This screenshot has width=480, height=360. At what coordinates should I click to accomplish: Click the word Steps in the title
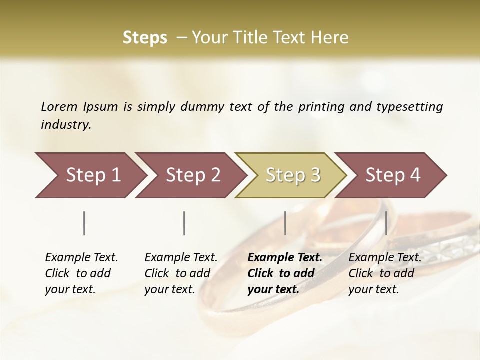click(x=145, y=38)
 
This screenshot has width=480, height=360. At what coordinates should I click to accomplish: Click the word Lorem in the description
click(x=59, y=106)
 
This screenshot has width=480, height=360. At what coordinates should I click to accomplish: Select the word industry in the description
click(x=65, y=124)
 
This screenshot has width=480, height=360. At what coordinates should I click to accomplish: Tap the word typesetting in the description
click(x=409, y=106)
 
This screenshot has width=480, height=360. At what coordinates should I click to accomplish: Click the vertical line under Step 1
click(x=84, y=223)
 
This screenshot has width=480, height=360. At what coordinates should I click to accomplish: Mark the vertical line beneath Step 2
click(x=184, y=223)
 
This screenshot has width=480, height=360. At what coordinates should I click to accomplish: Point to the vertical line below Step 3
click(x=285, y=223)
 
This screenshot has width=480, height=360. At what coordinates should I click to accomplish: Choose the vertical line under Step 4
click(x=386, y=223)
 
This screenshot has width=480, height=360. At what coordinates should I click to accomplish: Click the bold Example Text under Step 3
click(x=285, y=257)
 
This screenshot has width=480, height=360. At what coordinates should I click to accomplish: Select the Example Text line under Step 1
click(x=81, y=257)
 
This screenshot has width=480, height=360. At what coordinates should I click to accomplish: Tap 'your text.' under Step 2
click(x=169, y=289)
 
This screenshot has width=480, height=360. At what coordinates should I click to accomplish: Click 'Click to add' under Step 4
click(x=381, y=273)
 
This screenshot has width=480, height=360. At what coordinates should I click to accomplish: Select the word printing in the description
click(x=321, y=106)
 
